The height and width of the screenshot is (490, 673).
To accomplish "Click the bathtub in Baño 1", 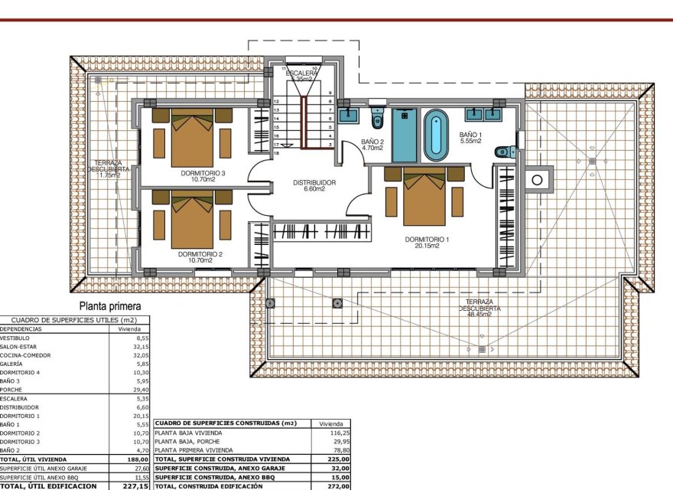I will (x=435, y=135).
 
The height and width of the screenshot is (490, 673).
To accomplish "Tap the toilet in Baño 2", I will (x=377, y=119).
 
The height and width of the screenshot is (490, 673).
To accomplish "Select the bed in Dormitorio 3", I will (x=192, y=139).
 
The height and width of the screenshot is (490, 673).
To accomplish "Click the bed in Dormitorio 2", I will (x=192, y=221).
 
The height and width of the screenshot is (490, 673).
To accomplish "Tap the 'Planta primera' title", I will (x=115, y=305).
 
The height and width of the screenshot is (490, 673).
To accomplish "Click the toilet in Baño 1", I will (x=506, y=152).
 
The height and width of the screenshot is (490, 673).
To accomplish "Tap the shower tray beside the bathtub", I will (x=404, y=135).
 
